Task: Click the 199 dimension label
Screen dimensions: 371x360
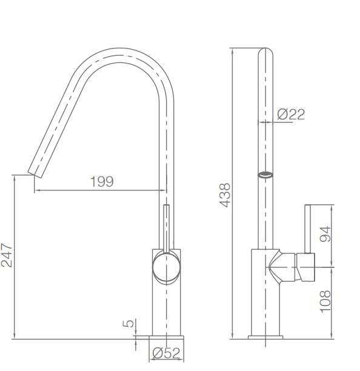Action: [x=101, y=181]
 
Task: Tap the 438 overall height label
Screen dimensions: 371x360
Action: [x=224, y=195]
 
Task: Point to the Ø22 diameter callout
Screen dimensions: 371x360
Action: [x=291, y=113]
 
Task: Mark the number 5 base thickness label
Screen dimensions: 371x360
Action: [x=128, y=324]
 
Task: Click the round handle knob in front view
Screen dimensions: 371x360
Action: [x=166, y=267]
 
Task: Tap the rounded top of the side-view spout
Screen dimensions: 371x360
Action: [x=266, y=52]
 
